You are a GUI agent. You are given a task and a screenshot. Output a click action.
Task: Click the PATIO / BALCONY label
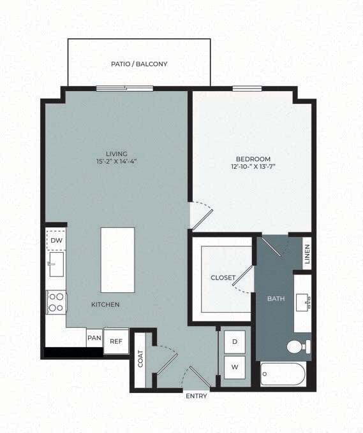click(x=139, y=64)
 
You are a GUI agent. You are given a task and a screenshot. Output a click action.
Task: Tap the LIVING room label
click(x=117, y=153)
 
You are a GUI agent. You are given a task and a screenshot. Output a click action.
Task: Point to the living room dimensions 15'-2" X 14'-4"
click(x=117, y=162)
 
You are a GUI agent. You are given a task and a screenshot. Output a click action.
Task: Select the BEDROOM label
click(x=253, y=159)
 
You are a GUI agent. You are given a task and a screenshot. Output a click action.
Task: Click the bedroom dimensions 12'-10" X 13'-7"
click(x=253, y=167)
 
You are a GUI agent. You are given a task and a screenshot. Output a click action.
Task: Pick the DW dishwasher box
click(x=56, y=240)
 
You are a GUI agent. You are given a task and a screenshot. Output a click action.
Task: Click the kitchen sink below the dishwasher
click(x=56, y=266)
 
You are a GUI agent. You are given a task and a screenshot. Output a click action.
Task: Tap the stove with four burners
click(x=56, y=301)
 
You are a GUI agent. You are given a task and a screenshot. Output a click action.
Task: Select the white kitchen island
click(x=117, y=260)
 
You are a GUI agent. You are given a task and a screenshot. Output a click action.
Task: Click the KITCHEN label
click(x=105, y=305)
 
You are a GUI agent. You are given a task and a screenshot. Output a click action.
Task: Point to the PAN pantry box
click(x=94, y=338)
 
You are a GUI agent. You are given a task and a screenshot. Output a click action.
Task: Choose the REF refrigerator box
click(x=115, y=341)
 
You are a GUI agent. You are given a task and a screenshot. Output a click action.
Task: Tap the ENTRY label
click(x=196, y=396)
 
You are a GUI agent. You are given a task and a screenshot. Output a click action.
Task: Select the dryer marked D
click(x=234, y=342)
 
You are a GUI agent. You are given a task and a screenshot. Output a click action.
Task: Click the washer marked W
click(x=234, y=367)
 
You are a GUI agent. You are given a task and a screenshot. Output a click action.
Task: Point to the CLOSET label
click(x=223, y=278)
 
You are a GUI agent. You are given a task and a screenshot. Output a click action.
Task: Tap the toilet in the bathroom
click(x=297, y=347)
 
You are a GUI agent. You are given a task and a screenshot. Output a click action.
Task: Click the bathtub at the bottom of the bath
click(x=284, y=375)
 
